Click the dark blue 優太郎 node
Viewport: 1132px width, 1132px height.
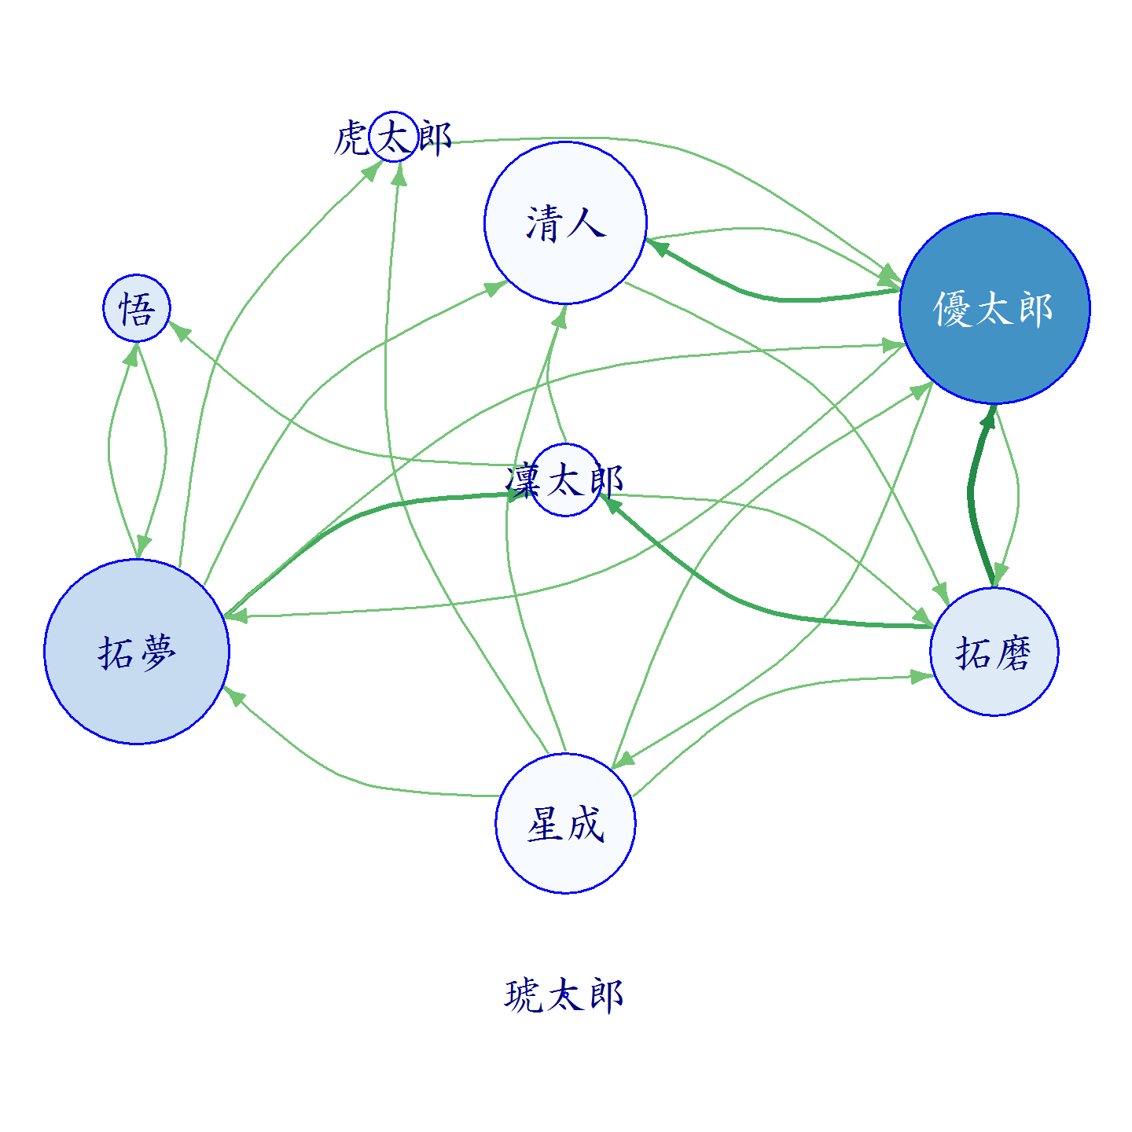point(994,308)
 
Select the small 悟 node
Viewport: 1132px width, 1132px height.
point(137,308)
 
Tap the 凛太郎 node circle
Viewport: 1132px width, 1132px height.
point(566,480)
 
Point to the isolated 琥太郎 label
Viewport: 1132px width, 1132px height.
point(564,995)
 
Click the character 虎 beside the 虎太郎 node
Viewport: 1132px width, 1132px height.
point(351,138)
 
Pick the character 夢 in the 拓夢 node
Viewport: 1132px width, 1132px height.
point(157,652)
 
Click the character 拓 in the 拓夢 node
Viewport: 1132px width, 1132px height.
point(115,652)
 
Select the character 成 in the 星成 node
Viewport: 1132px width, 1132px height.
point(586,824)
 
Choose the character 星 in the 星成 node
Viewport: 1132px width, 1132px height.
point(545,824)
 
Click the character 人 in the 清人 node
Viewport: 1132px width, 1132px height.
point(587,223)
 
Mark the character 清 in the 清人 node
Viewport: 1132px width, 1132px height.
point(545,223)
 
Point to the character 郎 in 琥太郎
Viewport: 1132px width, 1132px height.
point(606,996)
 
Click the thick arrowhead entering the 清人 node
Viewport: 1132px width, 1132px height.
point(656,247)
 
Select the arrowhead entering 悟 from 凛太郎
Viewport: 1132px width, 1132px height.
point(179,331)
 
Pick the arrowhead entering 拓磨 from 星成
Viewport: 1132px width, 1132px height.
point(922,677)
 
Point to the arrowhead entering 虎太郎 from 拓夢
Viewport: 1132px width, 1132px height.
point(372,171)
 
